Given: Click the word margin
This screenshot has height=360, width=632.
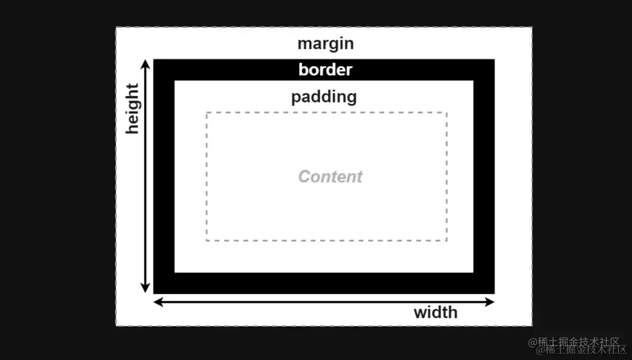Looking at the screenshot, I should pyautogui.click(x=325, y=44).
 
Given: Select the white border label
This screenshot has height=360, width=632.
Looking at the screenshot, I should pyautogui.click(x=325, y=70).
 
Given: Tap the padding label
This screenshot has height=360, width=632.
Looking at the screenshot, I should pyautogui.click(x=324, y=97).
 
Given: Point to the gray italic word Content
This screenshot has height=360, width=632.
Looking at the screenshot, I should pyautogui.click(x=330, y=176).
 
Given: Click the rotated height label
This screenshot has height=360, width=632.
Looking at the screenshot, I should pyautogui.click(x=133, y=109).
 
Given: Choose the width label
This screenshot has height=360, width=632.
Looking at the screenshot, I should pyautogui.click(x=435, y=312).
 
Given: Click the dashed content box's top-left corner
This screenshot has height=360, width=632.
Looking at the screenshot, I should pyautogui.click(x=206, y=113).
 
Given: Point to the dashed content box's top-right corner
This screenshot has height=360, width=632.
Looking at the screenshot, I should pyautogui.click(x=447, y=113).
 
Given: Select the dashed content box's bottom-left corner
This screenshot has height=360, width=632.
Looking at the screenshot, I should pyautogui.click(x=206, y=240).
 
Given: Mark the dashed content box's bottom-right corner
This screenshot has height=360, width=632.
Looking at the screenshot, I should pyautogui.click(x=447, y=240).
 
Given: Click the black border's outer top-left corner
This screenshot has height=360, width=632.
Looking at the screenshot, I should pyautogui.click(x=154, y=60).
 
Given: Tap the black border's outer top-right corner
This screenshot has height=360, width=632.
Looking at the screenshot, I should pyautogui.click(x=494, y=60).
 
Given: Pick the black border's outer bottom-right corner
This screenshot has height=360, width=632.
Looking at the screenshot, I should pyautogui.click(x=494, y=294).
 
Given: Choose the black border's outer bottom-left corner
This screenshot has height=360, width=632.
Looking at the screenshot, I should pyautogui.click(x=154, y=294).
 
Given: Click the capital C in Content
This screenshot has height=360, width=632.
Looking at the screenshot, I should pyautogui.click(x=305, y=176).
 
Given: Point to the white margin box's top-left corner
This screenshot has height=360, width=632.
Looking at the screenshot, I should pyautogui.click(x=116, y=27).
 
